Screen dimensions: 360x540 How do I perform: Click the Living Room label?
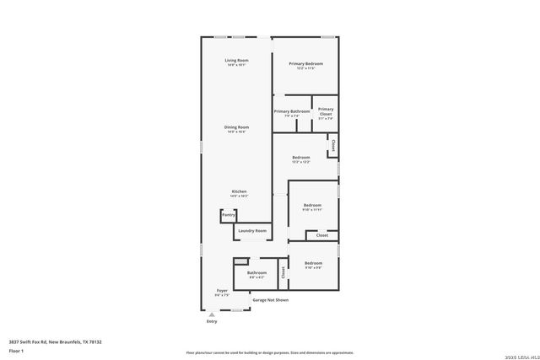[236, 61]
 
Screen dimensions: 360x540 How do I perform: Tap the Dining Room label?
[236, 127]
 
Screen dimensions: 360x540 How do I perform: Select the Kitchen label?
[239, 191]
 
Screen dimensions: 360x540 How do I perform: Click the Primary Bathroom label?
[292, 111]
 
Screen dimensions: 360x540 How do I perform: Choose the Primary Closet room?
[326, 112]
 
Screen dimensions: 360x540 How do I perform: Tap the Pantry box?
[228, 216]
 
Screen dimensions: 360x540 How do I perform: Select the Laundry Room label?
[252, 230]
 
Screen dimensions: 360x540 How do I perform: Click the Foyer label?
[222, 291]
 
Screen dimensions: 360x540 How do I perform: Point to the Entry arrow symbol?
[212, 314]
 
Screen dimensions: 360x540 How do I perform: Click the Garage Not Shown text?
[270, 299]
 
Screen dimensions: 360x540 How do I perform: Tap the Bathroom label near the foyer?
[256, 273]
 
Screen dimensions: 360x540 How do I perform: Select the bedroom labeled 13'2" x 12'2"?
[301, 158]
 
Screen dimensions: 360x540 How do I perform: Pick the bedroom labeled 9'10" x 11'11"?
[313, 206]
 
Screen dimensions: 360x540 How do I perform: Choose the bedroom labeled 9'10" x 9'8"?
[313, 263]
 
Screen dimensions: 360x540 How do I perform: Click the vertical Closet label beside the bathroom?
[283, 271]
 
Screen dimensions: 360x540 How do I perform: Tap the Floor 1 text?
[16, 350]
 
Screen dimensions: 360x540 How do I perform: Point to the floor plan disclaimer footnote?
[269, 353]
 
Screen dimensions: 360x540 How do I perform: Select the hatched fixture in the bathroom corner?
[240, 261]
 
